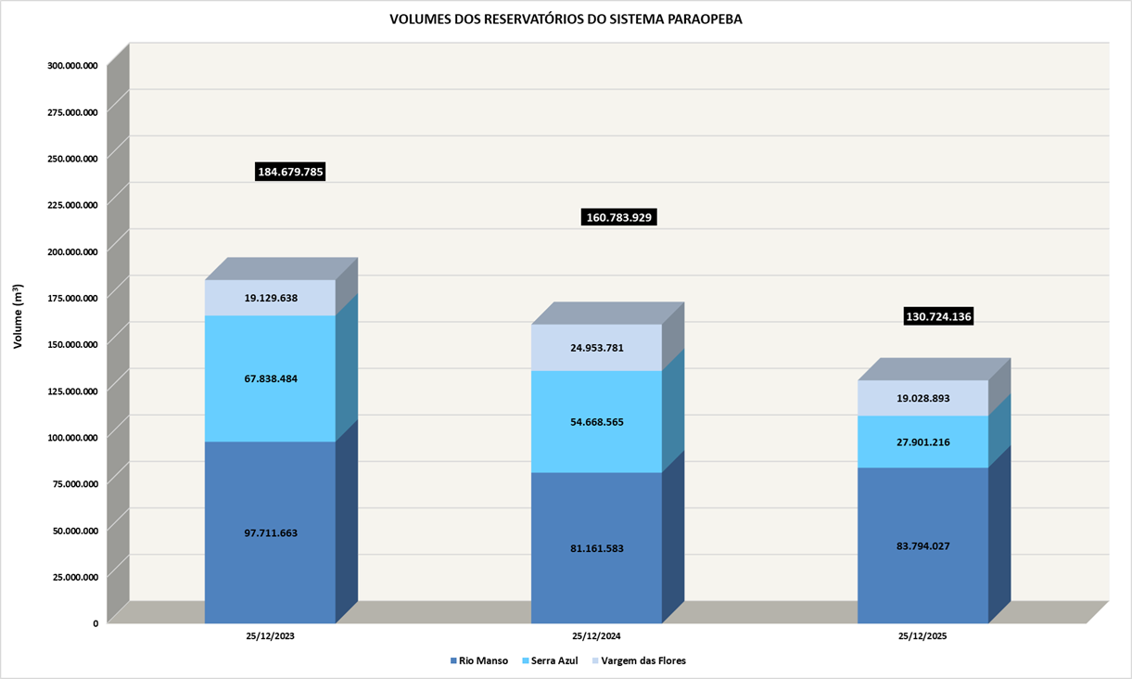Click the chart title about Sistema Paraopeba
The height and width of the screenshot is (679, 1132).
pyautogui.click(x=566, y=19)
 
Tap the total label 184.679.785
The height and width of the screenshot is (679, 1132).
pyautogui.click(x=290, y=172)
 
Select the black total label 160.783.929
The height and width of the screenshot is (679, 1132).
pyautogui.click(x=620, y=217)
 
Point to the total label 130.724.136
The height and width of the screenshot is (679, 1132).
pyautogui.click(x=938, y=317)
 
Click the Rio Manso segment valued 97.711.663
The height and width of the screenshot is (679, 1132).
pyautogui.click(x=271, y=532)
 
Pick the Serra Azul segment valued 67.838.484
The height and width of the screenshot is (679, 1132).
pyautogui.click(x=271, y=378)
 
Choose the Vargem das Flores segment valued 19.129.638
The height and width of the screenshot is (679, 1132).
pyautogui.click(x=271, y=299)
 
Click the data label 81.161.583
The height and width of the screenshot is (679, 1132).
pyautogui.click(x=596, y=548)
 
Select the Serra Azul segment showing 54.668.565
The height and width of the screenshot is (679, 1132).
pyautogui.click(x=596, y=422)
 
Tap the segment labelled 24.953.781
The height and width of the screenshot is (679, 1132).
pyautogui.click(x=596, y=348)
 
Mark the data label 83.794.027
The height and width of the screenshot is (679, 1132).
pyautogui.click(x=923, y=545)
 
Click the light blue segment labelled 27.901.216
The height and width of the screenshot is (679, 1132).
pyautogui.click(x=923, y=442)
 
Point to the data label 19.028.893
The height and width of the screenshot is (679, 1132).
pyautogui.click(x=923, y=398)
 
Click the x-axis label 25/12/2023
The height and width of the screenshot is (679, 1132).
pyautogui.click(x=271, y=637)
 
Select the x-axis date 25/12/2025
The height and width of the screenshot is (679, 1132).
pyautogui.click(x=923, y=637)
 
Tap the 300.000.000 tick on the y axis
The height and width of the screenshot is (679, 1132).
pyautogui.click(x=72, y=65)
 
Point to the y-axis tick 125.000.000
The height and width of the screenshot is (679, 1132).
pyautogui.click(x=72, y=391)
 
